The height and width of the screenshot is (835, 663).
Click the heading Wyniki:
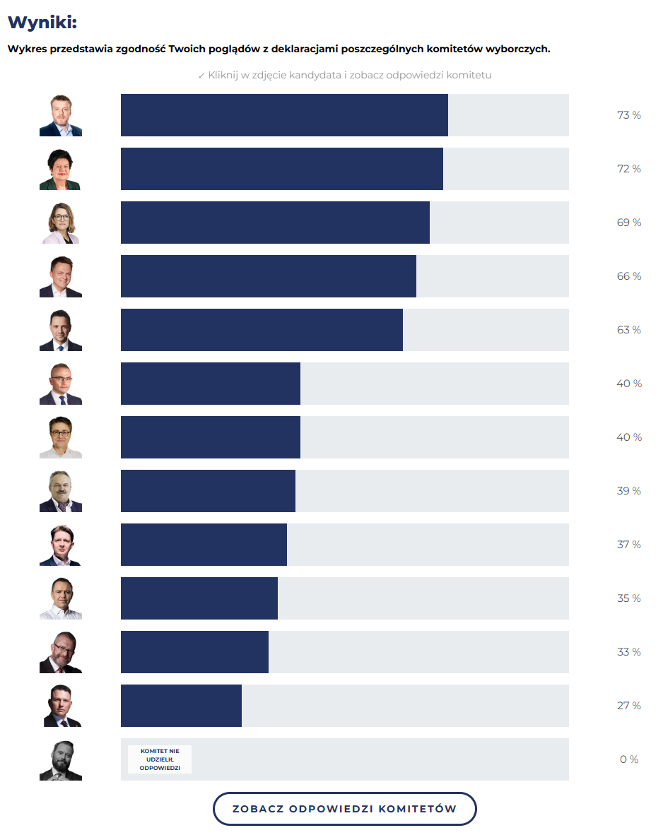42,23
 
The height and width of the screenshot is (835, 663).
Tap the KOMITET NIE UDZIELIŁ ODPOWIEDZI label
160,759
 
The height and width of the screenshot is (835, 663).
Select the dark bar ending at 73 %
284,115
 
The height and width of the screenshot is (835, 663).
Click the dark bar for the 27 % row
181,706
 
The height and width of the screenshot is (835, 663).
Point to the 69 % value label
628,223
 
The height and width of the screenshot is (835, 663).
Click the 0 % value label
628,759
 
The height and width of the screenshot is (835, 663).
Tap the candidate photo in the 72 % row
61,169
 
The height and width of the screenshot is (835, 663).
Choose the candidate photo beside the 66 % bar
61,276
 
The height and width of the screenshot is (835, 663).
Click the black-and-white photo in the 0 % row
61,759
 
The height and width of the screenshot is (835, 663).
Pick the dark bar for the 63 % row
262,330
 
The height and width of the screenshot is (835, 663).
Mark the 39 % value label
628,491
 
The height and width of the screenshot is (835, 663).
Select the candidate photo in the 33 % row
61,652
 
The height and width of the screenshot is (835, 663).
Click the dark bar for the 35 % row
199,598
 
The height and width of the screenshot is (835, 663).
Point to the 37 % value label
628,545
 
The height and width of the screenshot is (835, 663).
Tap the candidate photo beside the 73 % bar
61,115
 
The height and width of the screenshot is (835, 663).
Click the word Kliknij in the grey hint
223,75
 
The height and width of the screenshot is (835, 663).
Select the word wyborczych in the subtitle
520,49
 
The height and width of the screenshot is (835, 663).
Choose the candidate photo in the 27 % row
61,706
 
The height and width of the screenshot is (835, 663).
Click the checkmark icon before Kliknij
201,75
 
